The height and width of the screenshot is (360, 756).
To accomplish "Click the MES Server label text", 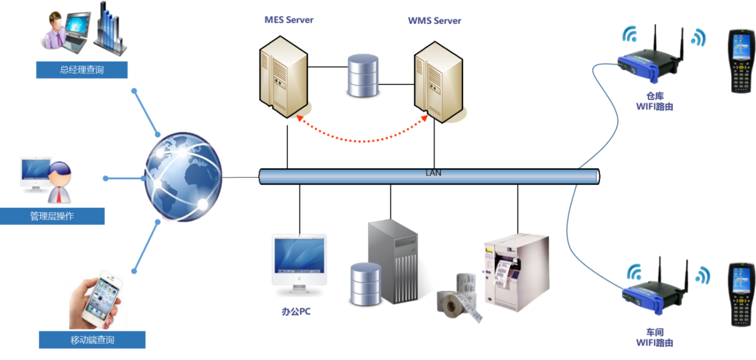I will click(x=289, y=20).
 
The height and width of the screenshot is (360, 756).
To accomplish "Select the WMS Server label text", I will click(x=434, y=21).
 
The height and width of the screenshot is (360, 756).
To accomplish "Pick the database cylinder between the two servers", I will click(x=362, y=75).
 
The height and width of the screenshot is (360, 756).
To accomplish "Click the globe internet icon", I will click(x=182, y=178).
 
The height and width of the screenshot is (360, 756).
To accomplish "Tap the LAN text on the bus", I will click(x=433, y=173).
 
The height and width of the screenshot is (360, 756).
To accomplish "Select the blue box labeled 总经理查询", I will click(x=82, y=70).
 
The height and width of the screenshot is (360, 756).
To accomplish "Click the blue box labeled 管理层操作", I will click(x=52, y=216).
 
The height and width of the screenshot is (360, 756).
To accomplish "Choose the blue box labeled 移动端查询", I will click(x=92, y=340).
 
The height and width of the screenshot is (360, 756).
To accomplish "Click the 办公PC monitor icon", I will click(x=299, y=262).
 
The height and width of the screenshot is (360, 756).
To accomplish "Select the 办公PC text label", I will click(x=296, y=311).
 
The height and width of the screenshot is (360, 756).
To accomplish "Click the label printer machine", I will click(x=517, y=271).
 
